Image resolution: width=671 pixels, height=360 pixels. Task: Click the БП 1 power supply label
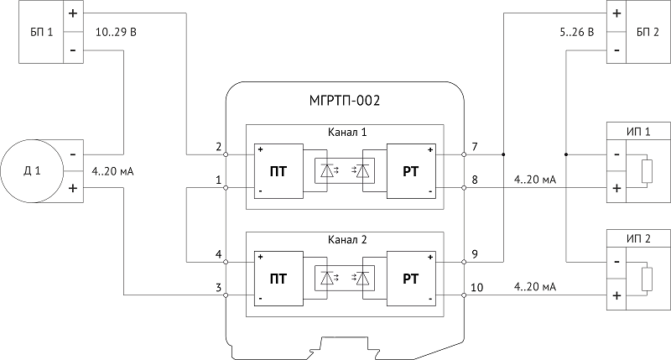click(x=41, y=32)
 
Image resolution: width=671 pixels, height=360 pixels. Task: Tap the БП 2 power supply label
click(x=648, y=32)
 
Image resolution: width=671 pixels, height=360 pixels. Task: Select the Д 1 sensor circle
click(x=32, y=171)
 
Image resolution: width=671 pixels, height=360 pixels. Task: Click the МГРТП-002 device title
click(x=345, y=101)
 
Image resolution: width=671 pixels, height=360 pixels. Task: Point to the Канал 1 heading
click(x=347, y=132)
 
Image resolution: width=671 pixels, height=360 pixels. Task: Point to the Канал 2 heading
click(x=347, y=239)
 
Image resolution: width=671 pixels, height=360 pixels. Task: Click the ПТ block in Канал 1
click(x=278, y=171)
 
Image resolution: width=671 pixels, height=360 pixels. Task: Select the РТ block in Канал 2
click(x=411, y=279)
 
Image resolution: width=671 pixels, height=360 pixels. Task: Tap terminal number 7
click(x=475, y=147)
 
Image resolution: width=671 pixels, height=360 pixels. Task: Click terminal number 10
click(x=476, y=287)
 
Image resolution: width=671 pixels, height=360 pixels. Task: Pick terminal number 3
click(x=219, y=287)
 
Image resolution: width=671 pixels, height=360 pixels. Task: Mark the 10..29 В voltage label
click(x=116, y=32)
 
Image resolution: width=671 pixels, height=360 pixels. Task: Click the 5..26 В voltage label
click(x=577, y=32)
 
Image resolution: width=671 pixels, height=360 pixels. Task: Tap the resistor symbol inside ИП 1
click(x=648, y=171)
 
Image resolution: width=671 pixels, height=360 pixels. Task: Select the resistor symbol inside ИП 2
click(x=648, y=279)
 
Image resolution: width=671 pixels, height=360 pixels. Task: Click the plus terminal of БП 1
click(x=73, y=13)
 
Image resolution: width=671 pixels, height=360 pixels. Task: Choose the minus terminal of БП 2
click(x=616, y=50)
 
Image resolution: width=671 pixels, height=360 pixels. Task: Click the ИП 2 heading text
click(x=638, y=239)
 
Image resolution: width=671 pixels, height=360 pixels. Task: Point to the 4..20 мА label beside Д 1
click(x=112, y=171)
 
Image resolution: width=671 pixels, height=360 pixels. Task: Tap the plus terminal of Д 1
click(x=73, y=188)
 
